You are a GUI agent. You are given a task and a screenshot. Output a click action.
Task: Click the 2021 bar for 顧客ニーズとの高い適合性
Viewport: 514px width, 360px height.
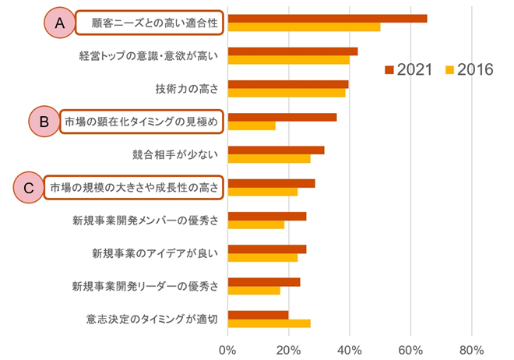[x=327, y=19]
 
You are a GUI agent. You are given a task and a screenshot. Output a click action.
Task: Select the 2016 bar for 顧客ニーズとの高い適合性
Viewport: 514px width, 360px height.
[x=304, y=27]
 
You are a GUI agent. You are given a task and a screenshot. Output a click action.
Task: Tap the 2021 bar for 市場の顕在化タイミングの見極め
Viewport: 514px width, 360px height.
[x=282, y=118]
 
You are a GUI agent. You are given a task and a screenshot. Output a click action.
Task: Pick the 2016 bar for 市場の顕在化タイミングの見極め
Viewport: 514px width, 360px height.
[x=252, y=126]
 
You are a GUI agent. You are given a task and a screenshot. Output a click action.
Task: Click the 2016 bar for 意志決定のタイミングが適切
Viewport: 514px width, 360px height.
[x=269, y=323]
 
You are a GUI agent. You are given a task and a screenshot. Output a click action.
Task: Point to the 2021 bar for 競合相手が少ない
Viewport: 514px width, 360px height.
[x=276, y=150]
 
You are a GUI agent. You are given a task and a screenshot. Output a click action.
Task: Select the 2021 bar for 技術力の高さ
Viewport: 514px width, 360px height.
[x=287, y=84]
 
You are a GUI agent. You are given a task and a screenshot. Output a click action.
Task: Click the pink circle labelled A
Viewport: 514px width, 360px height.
[x=58, y=23]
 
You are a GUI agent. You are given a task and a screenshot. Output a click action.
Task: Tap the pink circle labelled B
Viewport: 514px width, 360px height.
[x=44, y=122]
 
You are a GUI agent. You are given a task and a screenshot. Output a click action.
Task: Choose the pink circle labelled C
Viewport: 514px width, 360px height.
[x=30, y=188]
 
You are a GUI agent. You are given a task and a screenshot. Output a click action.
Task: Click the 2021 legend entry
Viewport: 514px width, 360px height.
[x=410, y=70]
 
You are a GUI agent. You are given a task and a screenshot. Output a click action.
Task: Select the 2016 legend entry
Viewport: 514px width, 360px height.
[x=470, y=70]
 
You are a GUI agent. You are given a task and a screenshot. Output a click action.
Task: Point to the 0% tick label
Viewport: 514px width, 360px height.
[x=227, y=349]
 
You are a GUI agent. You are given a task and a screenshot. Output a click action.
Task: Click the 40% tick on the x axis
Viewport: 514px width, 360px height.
[x=350, y=349]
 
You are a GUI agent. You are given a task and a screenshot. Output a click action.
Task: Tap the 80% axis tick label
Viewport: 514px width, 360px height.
[x=472, y=349]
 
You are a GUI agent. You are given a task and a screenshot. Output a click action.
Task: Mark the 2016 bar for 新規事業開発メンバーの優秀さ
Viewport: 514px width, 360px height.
[x=255, y=224]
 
